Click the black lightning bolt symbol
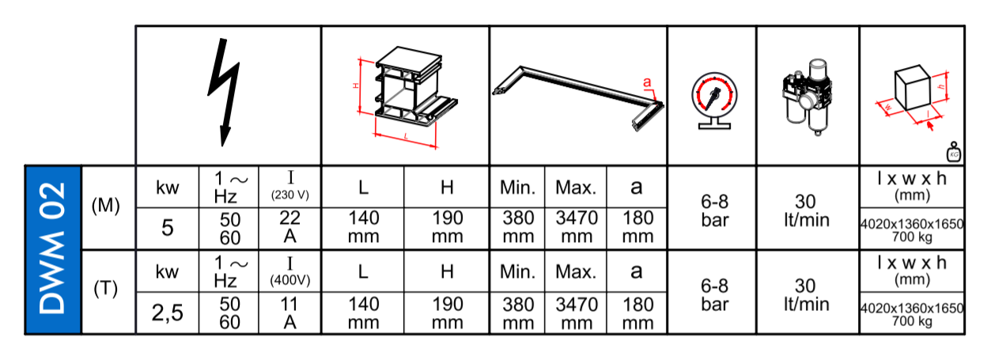(225, 93)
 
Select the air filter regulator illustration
(807, 97)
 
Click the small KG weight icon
(954, 152)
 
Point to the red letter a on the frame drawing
(646, 82)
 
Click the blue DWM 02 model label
(53, 249)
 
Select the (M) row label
(106, 206)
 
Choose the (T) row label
(106, 289)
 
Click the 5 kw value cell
(168, 228)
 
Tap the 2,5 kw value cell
(168, 313)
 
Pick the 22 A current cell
(289, 228)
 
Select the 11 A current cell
(289, 313)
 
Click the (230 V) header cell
(289, 187)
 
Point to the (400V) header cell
(289, 271)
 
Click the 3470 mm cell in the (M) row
(576, 228)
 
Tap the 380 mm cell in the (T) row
(518, 313)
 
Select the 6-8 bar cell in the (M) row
(714, 210)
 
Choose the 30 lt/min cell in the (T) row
(807, 295)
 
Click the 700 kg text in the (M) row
(912, 237)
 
